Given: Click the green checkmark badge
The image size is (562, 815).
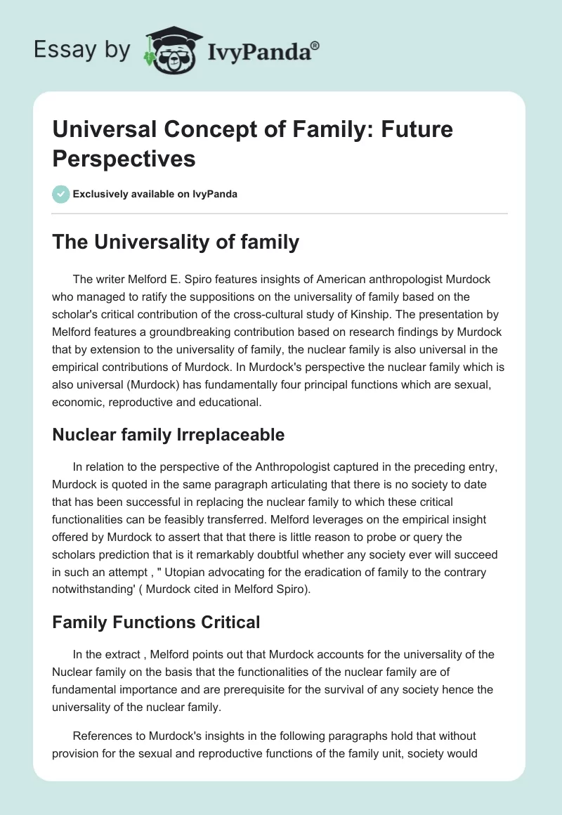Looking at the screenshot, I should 61,194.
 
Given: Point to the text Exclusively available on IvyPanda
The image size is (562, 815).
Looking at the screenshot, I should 156,194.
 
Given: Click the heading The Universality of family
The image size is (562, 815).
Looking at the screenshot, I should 176,242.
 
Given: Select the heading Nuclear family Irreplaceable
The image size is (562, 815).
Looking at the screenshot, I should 168,435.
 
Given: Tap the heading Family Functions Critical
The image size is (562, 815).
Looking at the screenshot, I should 156,622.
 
